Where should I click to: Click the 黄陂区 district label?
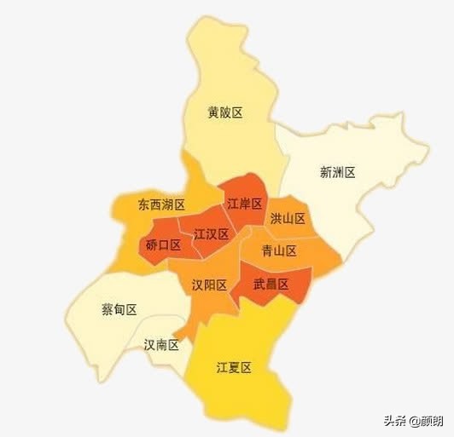(225, 112)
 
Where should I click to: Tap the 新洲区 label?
(337, 172)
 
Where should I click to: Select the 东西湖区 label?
(161, 205)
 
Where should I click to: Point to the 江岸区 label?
(244, 204)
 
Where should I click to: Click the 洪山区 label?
(288, 219)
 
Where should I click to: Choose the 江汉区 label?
(211, 234)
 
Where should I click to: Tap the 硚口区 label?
(163, 245)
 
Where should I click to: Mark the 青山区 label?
(279, 250)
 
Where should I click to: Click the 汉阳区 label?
(209, 285)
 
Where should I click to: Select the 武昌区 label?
(271, 284)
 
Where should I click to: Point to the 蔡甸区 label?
(119, 309)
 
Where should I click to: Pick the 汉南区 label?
(161, 345)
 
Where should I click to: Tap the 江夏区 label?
(234, 368)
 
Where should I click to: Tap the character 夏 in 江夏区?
(234, 368)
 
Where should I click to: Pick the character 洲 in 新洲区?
(337, 172)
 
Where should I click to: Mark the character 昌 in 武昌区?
(271, 284)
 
